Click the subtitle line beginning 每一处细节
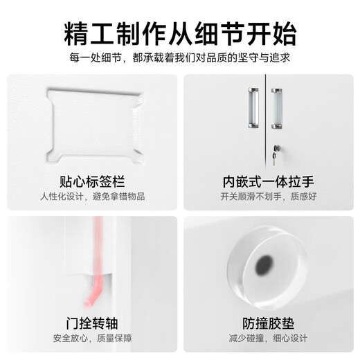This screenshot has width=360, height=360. point(180,58)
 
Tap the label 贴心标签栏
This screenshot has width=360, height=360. point(93,183)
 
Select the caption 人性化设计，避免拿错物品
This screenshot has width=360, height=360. point(93,197)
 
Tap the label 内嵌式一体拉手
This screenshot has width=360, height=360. point(268,183)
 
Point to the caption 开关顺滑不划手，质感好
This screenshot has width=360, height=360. point(268,197)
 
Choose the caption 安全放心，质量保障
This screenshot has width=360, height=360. point(93,338)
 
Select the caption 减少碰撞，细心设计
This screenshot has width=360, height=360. point(268,338)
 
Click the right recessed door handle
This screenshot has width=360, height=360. point(277,108)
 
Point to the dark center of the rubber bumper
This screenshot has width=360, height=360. point(264,265)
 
